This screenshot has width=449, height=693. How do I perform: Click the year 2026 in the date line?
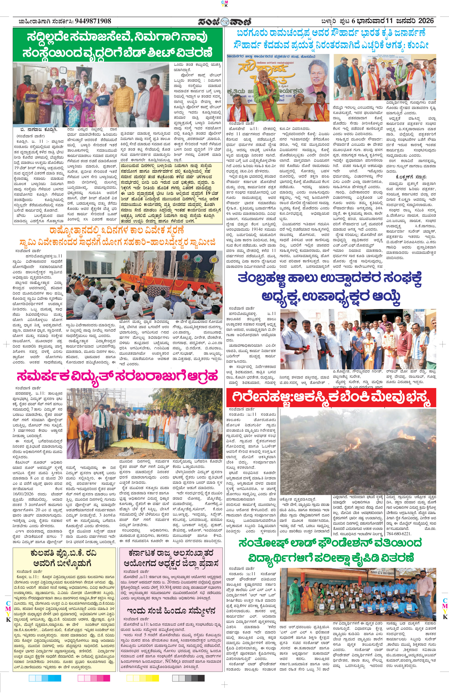426,21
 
